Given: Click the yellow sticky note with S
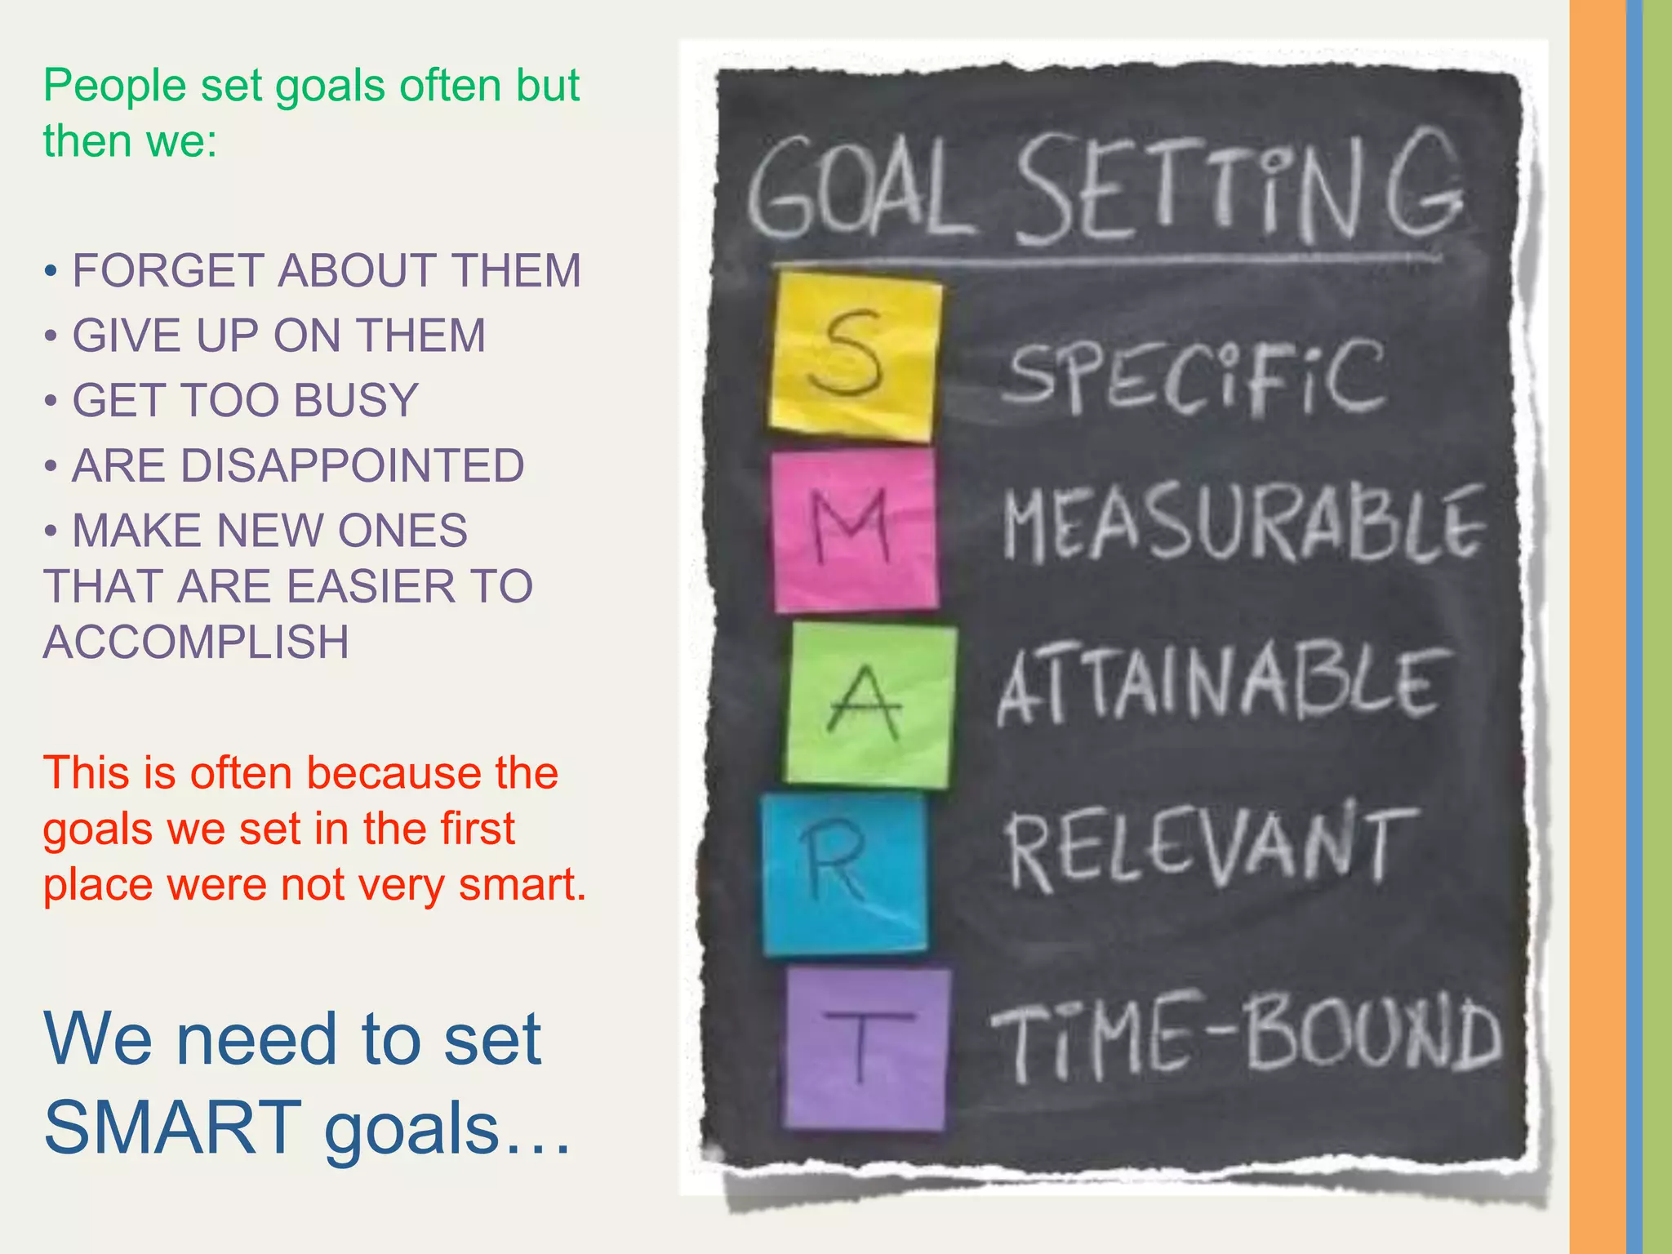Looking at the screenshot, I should click(x=853, y=356).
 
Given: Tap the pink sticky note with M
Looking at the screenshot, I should click(x=854, y=531).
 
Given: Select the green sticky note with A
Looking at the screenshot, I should click(x=870, y=704).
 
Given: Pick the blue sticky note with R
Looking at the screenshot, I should click(x=844, y=874).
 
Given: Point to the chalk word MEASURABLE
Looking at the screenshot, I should click(x=1243, y=524).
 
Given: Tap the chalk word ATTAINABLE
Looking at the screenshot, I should click(x=1221, y=686).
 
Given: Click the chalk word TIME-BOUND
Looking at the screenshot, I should click(x=1246, y=1037).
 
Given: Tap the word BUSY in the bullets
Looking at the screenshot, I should click(x=356, y=400).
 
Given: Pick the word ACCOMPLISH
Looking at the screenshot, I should click(x=196, y=642).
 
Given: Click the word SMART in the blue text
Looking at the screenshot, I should click(x=173, y=1127).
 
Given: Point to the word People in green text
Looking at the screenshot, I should click(x=114, y=85).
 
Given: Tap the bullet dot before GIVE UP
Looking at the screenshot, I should click(x=51, y=336).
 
